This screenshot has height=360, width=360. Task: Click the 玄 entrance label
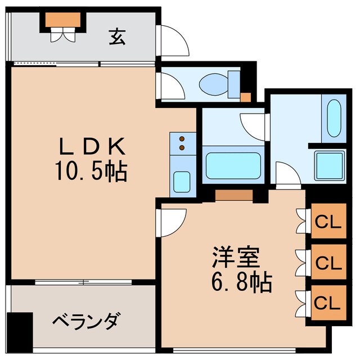point(116,37)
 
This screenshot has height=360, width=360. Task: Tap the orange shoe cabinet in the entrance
point(62,20)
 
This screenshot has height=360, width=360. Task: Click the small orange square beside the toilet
point(245,96)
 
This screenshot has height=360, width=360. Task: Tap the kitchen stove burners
point(182,143)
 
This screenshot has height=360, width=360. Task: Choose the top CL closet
point(328,222)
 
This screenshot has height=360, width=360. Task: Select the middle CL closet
point(328,262)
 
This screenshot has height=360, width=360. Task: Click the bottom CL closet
point(328,304)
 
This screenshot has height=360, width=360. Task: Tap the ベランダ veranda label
point(86,322)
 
